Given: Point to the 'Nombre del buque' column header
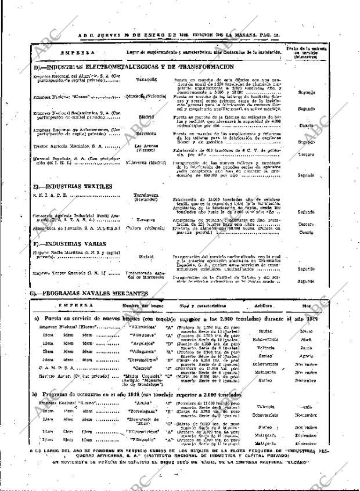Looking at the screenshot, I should click(x=140, y=305).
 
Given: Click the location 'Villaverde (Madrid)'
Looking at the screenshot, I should click(x=146, y=163).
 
